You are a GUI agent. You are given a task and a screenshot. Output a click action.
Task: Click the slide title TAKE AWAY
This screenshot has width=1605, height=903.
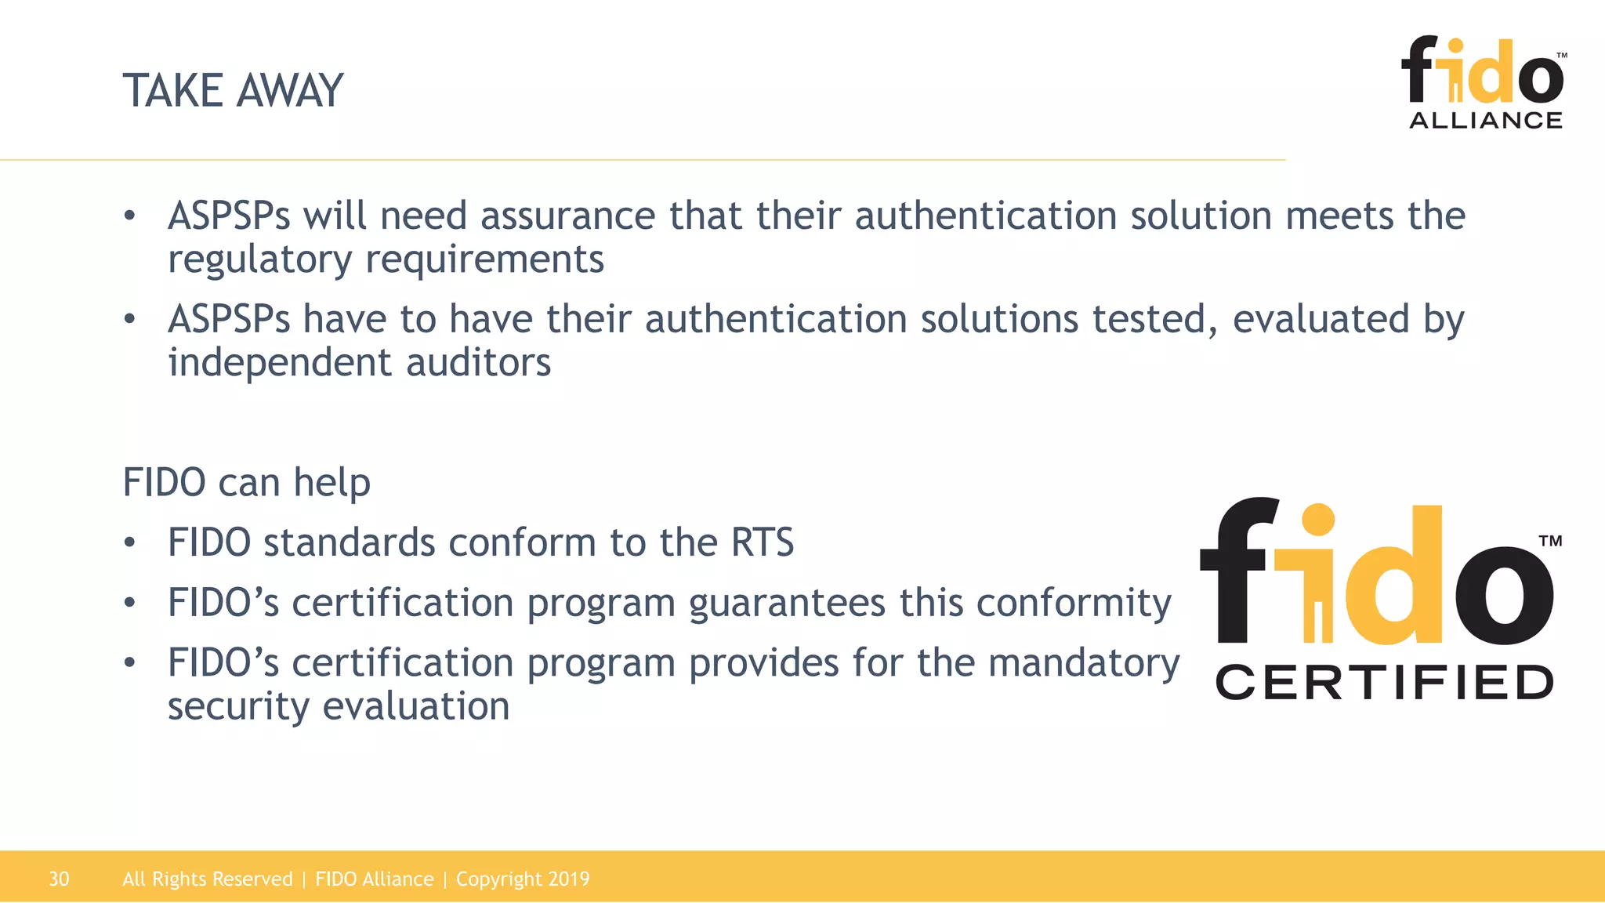pyautogui.click(x=233, y=90)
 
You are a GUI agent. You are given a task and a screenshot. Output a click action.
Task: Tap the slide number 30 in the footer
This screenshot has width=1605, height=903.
pyautogui.click(x=59, y=879)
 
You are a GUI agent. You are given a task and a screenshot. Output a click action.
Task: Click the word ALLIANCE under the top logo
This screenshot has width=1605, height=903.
pyautogui.click(x=1486, y=120)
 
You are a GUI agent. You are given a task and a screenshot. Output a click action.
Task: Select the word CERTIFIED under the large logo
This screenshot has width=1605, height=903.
pyautogui.click(x=1384, y=682)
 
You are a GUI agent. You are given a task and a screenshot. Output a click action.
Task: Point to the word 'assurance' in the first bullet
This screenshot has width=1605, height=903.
pyautogui.click(x=567, y=216)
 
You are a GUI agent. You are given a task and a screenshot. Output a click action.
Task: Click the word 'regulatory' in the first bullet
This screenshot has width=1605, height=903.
pyautogui.click(x=259, y=259)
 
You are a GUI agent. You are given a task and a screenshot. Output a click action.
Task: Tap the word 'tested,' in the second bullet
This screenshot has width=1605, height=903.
pyautogui.click(x=1155, y=319)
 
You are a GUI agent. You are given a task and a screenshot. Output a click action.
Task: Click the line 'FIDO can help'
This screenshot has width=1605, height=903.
pyautogui.click(x=246, y=482)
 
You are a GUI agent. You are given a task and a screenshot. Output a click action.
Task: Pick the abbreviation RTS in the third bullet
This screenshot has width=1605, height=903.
pyautogui.click(x=762, y=542)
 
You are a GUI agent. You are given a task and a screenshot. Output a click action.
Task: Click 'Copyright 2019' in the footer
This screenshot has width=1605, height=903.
pyautogui.click(x=523, y=879)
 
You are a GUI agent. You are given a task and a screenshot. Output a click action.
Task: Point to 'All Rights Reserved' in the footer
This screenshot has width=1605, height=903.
pyautogui.click(x=207, y=879)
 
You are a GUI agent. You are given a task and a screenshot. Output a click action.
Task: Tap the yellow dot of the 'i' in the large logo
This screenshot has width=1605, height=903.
pyautogui.click(x=1317, y=520)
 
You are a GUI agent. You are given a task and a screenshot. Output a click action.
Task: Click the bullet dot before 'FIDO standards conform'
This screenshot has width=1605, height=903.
pyautogui.click(x=130, y=542)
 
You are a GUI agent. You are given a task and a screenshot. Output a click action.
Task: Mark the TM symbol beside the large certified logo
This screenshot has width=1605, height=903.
pyautogui.click(x=1549, y=541)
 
